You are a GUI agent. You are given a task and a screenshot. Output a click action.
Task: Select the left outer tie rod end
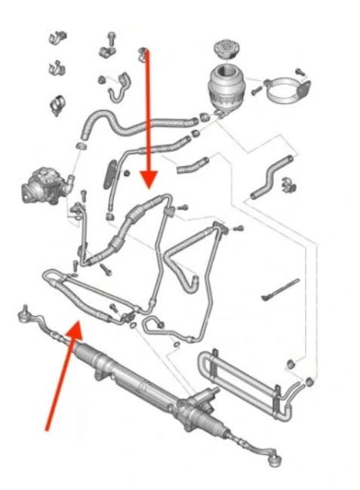(x=26, y=312)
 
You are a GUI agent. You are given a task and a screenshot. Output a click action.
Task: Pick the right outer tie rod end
(x=273, y=455)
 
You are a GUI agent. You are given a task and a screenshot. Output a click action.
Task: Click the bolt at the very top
(x=111, y=36)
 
